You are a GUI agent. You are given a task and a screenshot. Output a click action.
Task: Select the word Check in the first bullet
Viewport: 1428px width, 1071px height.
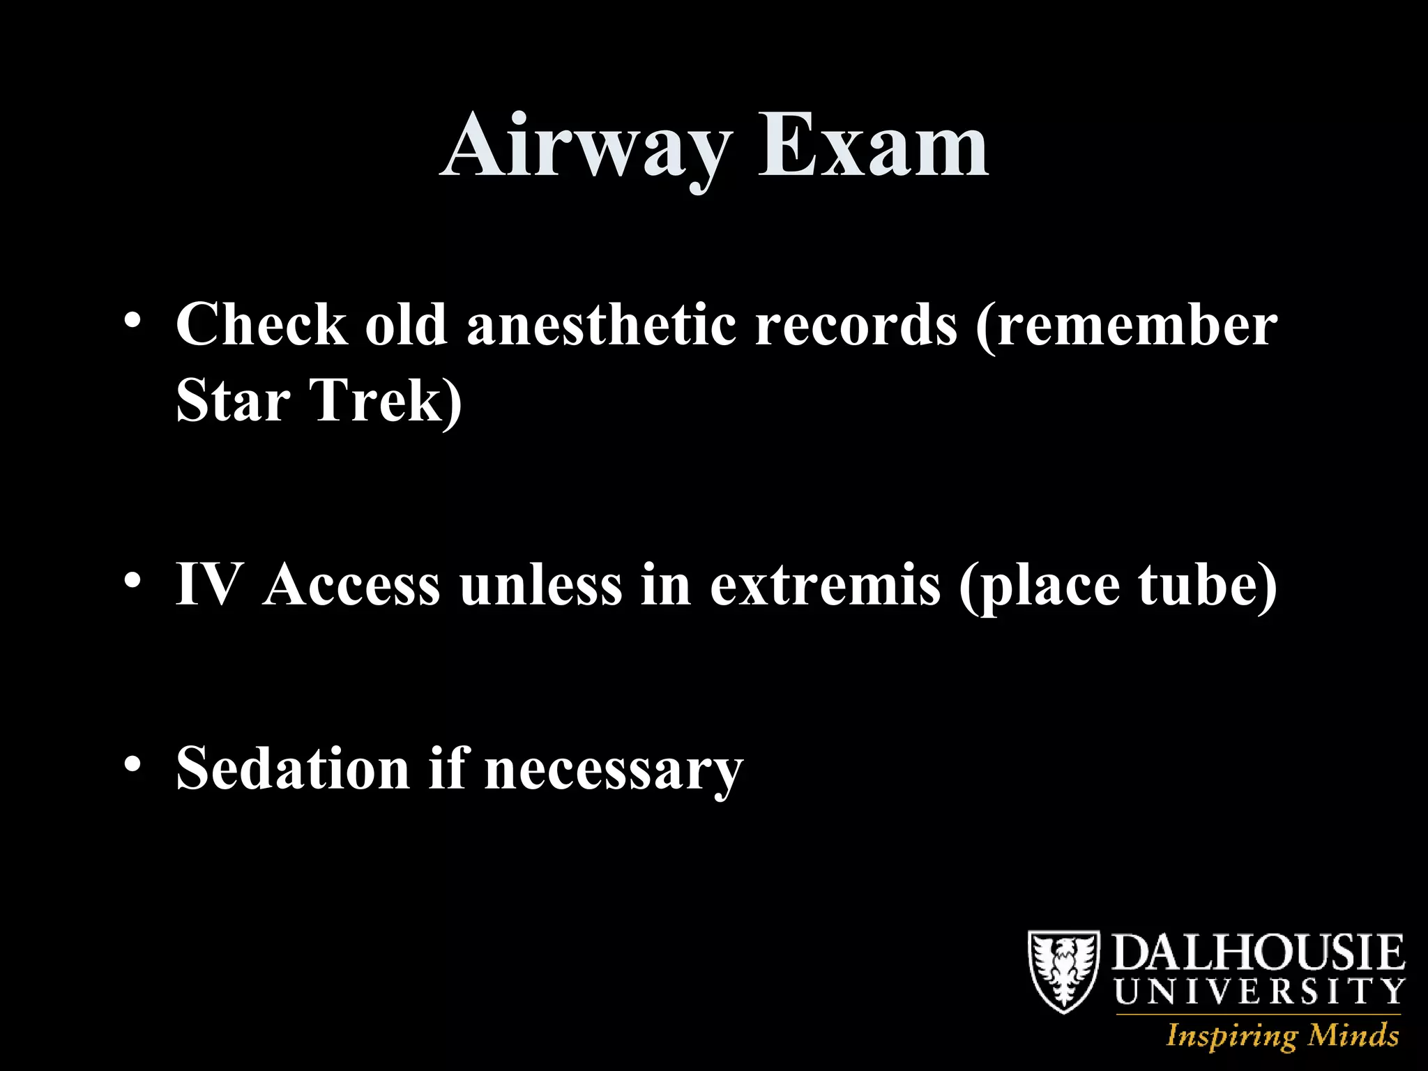(x=261, y=324)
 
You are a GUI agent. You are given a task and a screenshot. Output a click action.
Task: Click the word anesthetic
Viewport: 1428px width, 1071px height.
(x=600, y=324)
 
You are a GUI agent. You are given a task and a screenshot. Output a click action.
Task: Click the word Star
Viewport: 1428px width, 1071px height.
(x=233, y=401)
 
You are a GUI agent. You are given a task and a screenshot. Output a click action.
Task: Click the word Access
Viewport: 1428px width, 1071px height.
(x=352, y=584)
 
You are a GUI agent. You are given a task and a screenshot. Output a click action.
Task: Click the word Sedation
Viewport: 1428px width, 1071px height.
(x=293, y=768)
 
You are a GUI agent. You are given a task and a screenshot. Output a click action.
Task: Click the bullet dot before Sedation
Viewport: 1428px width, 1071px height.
(x=132, y=764)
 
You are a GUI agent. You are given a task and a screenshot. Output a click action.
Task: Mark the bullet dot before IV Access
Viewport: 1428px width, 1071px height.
(x=132, y=580)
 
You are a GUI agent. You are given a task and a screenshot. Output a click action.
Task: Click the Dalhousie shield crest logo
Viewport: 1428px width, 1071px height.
(x=1064, y=971)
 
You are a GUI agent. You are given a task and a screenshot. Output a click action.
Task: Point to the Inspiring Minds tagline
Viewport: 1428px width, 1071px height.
(x=1282, y=1035)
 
